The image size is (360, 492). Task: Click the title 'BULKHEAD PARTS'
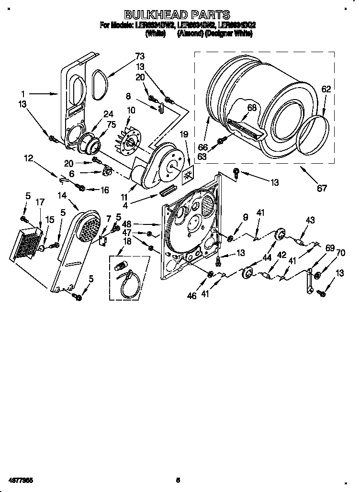pyautogui.click(x=177, y=15)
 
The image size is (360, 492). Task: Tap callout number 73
pyautogui.click(x=126, y=56)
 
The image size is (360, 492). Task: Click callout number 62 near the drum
pyautogui.click(x=326, y=89)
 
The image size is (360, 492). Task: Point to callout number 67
pyautogui.click(x=322, y=188)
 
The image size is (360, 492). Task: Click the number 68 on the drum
pyautogui.click(x=252, y=108)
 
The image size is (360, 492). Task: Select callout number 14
pyautogui.click(x=62, y=195)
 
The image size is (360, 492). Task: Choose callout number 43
pyautogui.click(x=310, y=220)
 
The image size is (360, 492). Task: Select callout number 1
pyautogui.click(x=22, y=94)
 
